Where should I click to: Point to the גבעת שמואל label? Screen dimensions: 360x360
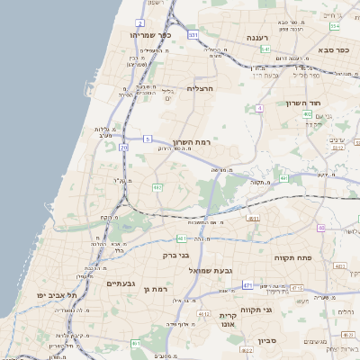click(210, 269)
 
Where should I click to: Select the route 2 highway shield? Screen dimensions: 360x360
click(139, 22)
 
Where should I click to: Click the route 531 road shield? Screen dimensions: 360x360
click(193, 34)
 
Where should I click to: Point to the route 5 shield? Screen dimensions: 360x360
click(147, 139)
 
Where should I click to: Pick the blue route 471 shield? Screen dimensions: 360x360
click(247, 285)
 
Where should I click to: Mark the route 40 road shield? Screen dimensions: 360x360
click(321, 228)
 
